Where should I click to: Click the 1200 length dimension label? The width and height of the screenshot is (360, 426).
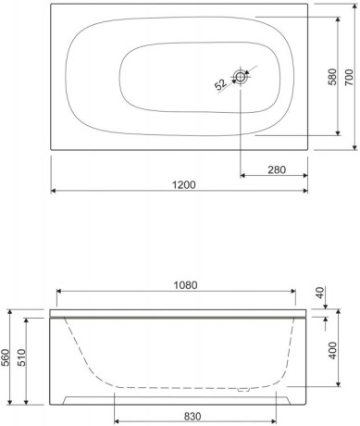point(183,184)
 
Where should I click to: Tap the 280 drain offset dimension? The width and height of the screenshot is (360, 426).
point(277,169)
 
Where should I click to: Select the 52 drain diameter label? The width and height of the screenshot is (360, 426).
point(221,84)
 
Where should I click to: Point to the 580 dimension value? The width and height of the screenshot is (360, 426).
point(332,77)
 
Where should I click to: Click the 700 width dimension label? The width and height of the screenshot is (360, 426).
point(348,78)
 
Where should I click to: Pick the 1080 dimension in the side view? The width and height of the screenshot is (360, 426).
point(185,285)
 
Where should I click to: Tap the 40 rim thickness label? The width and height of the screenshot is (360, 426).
point(321,293)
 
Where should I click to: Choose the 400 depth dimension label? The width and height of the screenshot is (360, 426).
point(332,350)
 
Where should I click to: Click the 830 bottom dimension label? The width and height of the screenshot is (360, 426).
point(192,417)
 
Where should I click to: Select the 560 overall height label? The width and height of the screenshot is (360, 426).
point(6,357)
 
